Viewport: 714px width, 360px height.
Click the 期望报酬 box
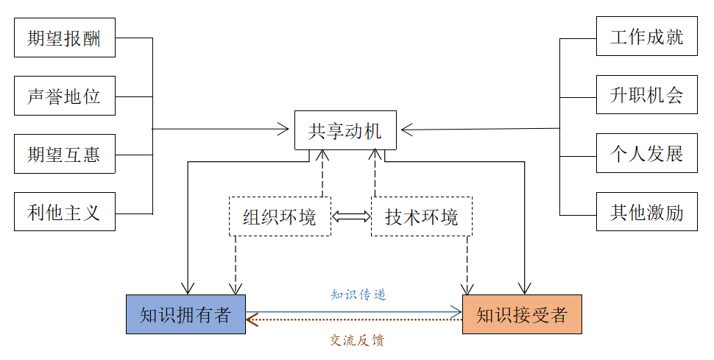click(65, 38)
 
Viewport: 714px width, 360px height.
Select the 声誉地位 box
click(65, 96)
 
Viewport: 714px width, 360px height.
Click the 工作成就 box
click(646, 38)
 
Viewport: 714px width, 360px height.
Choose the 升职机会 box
click(646, 96)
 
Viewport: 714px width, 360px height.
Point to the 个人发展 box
click(646, 153)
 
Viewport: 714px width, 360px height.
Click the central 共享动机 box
click(345, 131)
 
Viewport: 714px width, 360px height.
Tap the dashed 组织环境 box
click(280, 216)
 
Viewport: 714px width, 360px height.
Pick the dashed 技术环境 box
click(421, 216)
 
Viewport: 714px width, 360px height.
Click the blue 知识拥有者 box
click(185, 314)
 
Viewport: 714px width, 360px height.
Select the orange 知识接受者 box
click(522, 314)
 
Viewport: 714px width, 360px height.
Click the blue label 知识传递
click(358, 294)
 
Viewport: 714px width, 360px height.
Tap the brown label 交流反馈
click(356, 340)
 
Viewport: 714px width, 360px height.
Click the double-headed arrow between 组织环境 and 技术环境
click(351, 216)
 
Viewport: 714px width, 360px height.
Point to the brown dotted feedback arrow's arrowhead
click(251, 320)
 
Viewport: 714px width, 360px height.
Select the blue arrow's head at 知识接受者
click(457, 312)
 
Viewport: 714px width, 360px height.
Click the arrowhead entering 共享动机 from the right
click(406, 130)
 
